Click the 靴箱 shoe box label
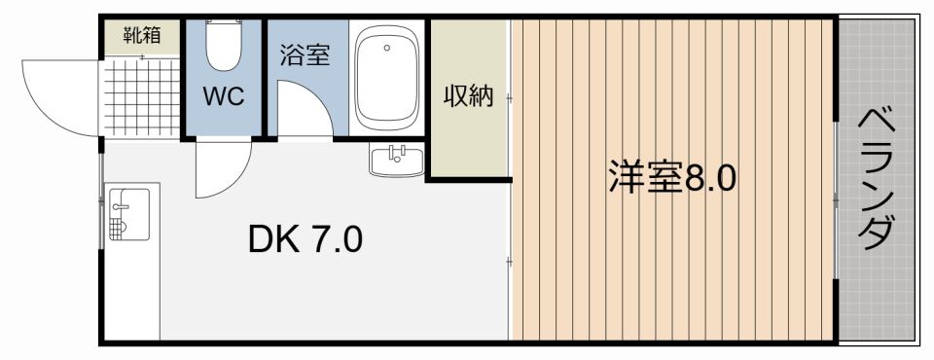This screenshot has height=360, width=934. [142, 36]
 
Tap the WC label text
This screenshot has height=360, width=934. [223, 96]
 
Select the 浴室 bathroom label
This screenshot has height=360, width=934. [305, 54]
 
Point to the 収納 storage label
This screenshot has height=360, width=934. [469, 96]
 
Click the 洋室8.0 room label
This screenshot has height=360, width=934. [672, 179]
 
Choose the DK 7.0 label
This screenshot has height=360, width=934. [305, 236]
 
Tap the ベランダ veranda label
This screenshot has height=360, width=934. [879, 180]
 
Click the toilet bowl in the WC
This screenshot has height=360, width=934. [224, 50]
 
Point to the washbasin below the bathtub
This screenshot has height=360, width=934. [396, 160]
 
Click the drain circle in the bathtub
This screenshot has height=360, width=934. [386, 48]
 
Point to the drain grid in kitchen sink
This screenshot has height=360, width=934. [118, 228]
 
